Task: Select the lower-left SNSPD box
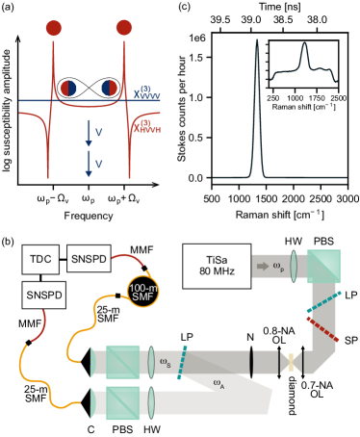click(44, 295)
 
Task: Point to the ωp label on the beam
click(279, 264)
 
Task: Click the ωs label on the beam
click(167, 364)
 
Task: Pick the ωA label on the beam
click(220, 383)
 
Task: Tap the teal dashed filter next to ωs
click(180, 363)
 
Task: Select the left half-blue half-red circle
click(69, 89)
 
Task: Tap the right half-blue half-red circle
click(110, 89)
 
